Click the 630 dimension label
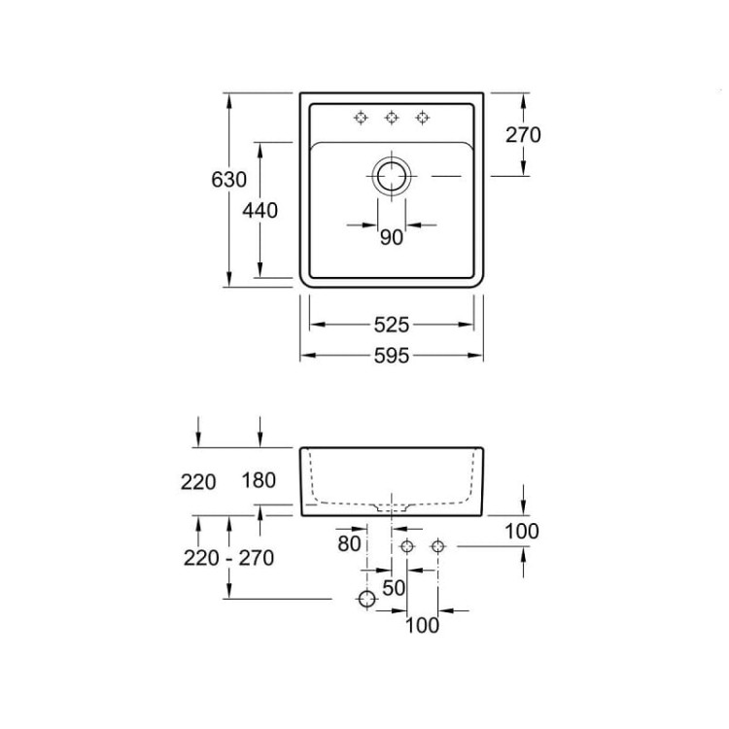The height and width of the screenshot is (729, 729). click(x=228, y=180)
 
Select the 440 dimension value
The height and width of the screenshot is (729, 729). click(x=260, y=211)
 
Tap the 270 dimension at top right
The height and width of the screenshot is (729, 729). click(x=523, y=135)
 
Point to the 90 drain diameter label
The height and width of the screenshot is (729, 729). click(x=392, y=237)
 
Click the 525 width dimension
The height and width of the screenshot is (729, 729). click(x=392, y=325)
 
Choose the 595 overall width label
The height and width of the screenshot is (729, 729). click(x=392, y=356)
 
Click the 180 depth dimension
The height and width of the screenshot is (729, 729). click(x=259, y=480)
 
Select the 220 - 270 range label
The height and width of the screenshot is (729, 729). click(x=228, y=558)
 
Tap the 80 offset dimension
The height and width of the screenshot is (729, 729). click(x=349, y=543)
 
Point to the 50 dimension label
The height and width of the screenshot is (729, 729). click(x=394, y=588)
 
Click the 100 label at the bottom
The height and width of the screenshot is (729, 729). click(x=422, y=625)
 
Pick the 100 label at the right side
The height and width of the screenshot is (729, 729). click(x=522, y=531)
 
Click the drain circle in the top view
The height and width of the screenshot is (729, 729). click(x=392, y=176)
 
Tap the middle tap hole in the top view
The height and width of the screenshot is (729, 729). click(x=392, y=118)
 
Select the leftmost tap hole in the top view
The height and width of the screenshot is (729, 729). click(x=361, y=118)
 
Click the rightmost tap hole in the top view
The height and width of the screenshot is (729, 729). click(x=422, y=118)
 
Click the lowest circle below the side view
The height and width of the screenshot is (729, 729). click(x=366, y=599)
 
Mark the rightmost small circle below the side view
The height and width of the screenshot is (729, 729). click(x=437, y=546)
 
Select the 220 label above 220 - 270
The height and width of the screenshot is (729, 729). click(x=198, y=482)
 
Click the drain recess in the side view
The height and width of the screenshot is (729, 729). click(x=392, y=507)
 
